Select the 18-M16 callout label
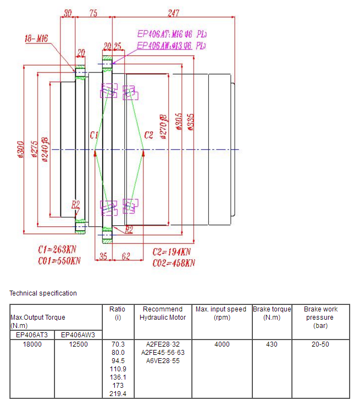(36, 38)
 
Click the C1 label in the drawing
(93, 135)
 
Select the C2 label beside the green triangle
(148, 135)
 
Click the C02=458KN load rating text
(173, 263)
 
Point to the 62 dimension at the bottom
(126, 255)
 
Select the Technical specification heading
(43, 293)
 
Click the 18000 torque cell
(32, 344)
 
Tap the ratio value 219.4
(118, 394)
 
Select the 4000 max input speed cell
(222, 344)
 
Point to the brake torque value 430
(272, 344)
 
